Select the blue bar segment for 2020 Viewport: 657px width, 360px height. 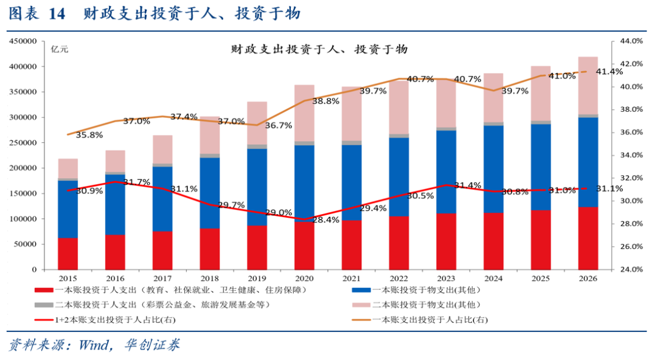pos(305,182)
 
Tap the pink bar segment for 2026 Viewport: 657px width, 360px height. pos(588,85)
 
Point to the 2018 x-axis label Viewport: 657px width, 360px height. pos(210,279)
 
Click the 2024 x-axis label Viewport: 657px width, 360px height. pos(493,279)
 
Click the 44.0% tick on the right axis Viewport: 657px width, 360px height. pos(631,41)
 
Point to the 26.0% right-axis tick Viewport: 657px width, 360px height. pos(631,247)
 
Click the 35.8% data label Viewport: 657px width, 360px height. pos(89,135)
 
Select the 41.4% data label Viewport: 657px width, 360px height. pos(609,72)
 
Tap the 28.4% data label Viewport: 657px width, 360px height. pos(325,220)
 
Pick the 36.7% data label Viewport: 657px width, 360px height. pos(279,125)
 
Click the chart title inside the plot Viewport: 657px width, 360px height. pos(319,49)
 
